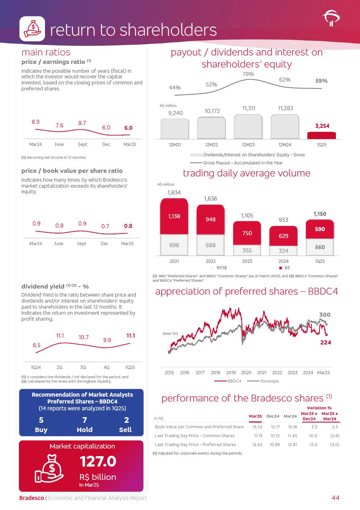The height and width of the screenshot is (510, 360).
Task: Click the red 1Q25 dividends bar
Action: pyautogui.click(x=321, y=135)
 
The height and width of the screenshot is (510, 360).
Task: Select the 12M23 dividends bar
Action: pyautogui.click(x=248, y=127)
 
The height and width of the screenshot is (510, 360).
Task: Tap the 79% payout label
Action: pyautogui.click(x=248, y=74)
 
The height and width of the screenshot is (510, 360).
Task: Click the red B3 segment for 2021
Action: pyautogui.click(x=174, y=216)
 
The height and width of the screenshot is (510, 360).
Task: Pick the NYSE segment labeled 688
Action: pyautogui.click(x=211, y=245)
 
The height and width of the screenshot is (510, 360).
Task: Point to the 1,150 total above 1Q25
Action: pyautogui.click(x=320, y=214)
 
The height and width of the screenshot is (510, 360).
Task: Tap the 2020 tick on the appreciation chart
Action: pyautogui.click(x=246, y=373)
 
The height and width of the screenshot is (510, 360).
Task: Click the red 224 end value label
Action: pyautogui.click(x=325, y=342)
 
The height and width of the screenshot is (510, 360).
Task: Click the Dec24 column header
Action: pyautogui.click(x=273, y=416)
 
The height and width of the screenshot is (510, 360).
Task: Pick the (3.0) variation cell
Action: pyautogui.click(x=335, y=444)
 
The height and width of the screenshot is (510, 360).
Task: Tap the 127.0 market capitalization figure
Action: pyautogui.click(x=98, y=462)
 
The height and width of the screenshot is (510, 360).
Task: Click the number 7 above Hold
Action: pyautogui.click(x=84, y=420)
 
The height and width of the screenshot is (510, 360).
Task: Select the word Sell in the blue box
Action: pyautogui.click(x=125, y=430)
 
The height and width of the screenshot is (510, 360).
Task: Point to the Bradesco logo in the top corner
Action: pyautogui.click(x=331, y=18)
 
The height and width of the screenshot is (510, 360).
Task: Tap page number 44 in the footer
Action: pyautogui.click(x=335, y=498)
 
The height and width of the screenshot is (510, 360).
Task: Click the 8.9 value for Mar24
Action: pyautogui.click(x=35, y=122)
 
